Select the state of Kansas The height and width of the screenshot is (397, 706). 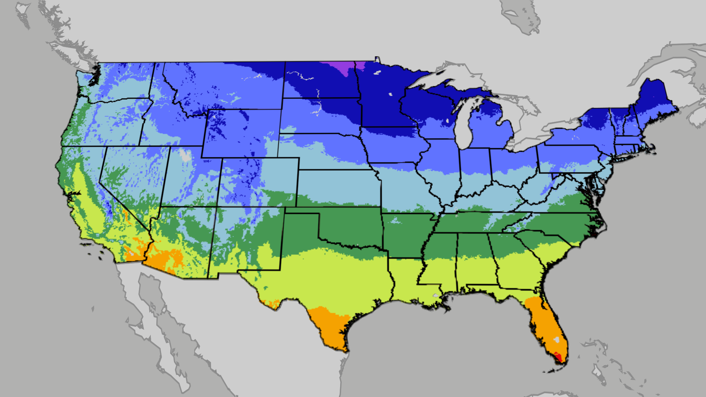[338, 187]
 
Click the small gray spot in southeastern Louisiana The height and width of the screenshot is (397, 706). [436, 295]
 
